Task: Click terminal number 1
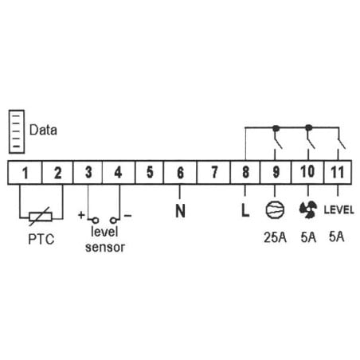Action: click(x=25, y=173)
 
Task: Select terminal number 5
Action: click(x=150, y=172)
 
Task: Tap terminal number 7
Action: click(x=214, y=172)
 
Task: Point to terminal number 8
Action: click(x=245, y=172)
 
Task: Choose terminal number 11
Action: click(x=338, y=172)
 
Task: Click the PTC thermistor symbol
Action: click(x=41, y=217)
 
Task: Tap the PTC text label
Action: click(x=41, y=239)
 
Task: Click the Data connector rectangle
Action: click(x=17, y=131)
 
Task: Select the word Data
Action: click(x=43, y=130)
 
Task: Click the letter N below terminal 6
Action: click(x=180, y=211)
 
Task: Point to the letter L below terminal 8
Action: click(x=245, y=210)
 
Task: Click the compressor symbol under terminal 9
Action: click(x=275, y=209)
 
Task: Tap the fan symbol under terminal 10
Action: click(x=308, y=209)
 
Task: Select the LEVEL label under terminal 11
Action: click(x=338, y=210)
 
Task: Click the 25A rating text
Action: click(x=275, y=237)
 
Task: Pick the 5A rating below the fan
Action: click(x=308, y=237)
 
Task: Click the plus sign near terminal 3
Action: click(x=81, y=215)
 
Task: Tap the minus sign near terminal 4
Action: click(x=127, y=215)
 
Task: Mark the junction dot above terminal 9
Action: click(x=276, y=128)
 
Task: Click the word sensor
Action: click(x=105, y=248)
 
